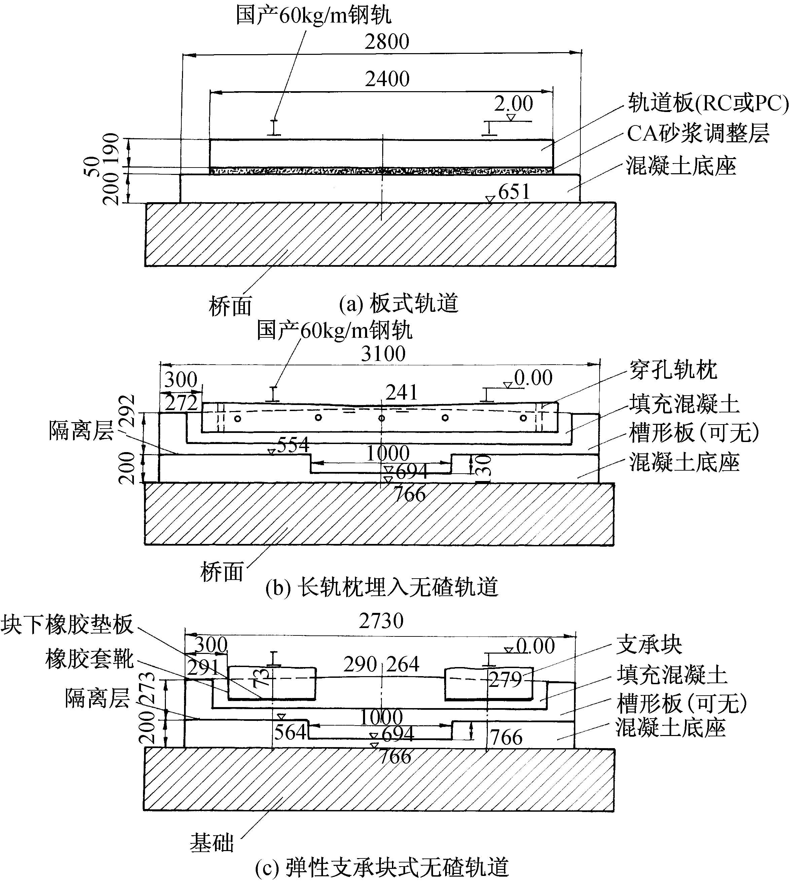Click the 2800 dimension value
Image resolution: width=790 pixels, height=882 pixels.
click(387, 42)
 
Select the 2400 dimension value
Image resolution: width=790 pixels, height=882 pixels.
click(387, 79)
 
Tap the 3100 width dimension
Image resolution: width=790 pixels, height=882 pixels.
click(383, 354)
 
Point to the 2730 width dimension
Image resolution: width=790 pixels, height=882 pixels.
click(381, 621)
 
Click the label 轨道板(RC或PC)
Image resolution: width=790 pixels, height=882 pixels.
click(708, 103)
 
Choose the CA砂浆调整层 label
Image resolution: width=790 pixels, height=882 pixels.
click(698, 133)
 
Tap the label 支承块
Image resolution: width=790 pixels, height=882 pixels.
click(649, 645)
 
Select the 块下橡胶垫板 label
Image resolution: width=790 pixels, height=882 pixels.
click(67, 625)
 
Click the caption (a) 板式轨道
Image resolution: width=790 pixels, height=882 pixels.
click(398, 303)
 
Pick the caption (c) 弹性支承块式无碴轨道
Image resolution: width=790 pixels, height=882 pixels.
click(382, 867)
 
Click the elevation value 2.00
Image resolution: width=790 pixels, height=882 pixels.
click(513, 104)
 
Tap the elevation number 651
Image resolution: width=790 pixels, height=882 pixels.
click(514, 192)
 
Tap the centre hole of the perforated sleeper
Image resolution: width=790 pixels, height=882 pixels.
click(382, 418)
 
